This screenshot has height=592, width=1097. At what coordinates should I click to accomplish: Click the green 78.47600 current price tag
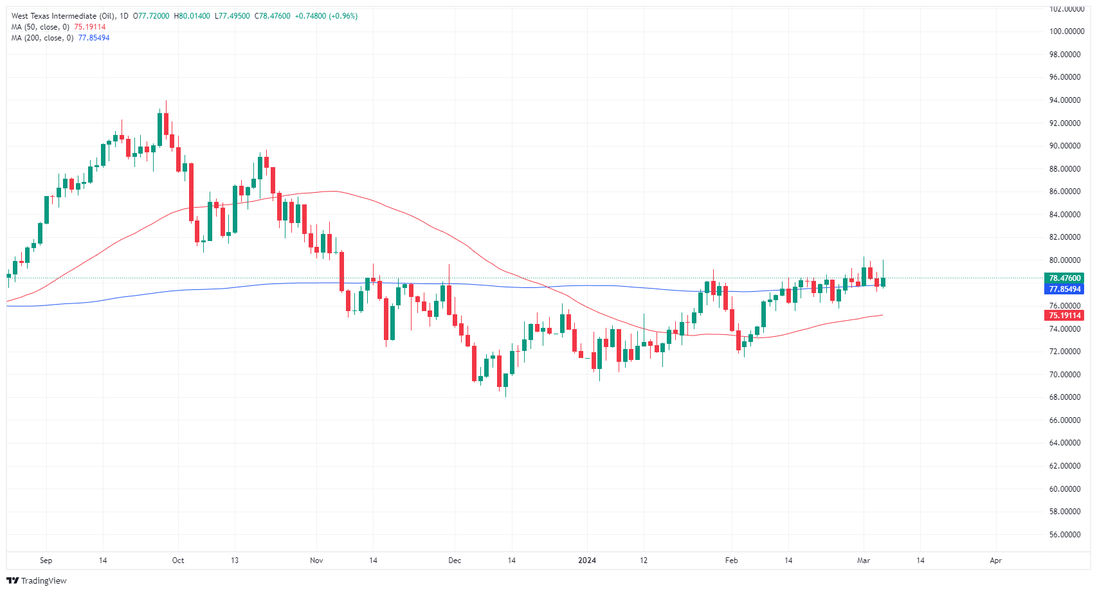(1065, 278)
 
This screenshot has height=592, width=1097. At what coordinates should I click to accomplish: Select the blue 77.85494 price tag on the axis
(1065, 289)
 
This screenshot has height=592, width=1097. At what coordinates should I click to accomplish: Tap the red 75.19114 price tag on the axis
(1065, 316)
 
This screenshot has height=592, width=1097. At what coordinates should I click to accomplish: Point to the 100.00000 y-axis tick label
(1067, 31)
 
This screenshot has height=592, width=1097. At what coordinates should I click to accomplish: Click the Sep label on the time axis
(46, 561)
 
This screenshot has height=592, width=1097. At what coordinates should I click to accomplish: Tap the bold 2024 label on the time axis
(587, 561)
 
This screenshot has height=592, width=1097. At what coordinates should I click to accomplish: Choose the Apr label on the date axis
(995, 561)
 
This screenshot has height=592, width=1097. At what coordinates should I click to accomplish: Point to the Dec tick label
(455, 561)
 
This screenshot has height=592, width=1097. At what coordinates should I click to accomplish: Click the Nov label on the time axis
(316, 561)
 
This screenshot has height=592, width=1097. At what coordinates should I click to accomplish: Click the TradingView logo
(37, 580)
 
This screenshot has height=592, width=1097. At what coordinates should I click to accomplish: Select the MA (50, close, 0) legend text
(40, 27)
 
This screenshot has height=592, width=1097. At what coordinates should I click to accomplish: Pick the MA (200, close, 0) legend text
(42, 38)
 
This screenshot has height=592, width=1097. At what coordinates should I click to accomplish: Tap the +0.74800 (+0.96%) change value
(326, 16)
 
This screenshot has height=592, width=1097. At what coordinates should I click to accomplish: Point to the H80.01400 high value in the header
(192, 16)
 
